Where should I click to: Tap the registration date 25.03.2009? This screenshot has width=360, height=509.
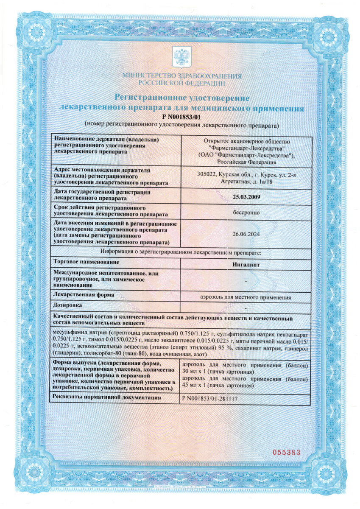tap(246, 196)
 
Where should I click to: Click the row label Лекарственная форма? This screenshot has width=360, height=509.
tap(81, 294)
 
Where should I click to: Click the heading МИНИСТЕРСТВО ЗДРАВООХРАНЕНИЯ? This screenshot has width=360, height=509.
tap(181, 76)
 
